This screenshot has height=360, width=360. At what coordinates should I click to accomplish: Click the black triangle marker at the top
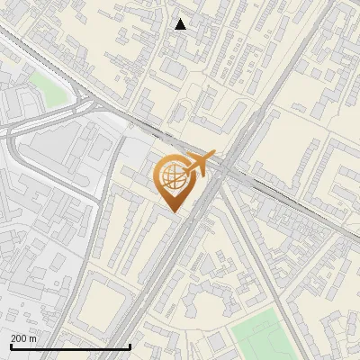(x=181, y=24)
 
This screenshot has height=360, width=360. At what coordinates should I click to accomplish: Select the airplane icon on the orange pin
(x=199, y=165)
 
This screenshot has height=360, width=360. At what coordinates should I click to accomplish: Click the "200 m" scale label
(x=23, y=337)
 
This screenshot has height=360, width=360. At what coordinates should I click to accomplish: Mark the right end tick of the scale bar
(x=130, y=346)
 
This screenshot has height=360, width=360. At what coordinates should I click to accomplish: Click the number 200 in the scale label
(x=18, y=337)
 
